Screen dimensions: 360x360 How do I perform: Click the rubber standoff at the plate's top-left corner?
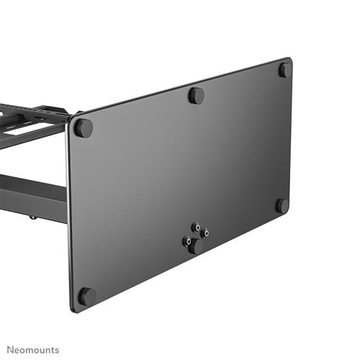(x=84, y=128)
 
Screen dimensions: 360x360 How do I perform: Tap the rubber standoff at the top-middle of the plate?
(x=196, y=95)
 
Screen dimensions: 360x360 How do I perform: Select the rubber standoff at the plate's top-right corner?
(x=285, y=70)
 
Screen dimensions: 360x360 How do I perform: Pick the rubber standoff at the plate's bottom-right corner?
(x=282, y=205)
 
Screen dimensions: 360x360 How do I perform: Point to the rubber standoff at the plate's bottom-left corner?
(x=86, y=296)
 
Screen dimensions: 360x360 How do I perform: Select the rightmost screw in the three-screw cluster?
(x=205, y=233)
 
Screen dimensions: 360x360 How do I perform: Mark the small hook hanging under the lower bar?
(x=31, y=214)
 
